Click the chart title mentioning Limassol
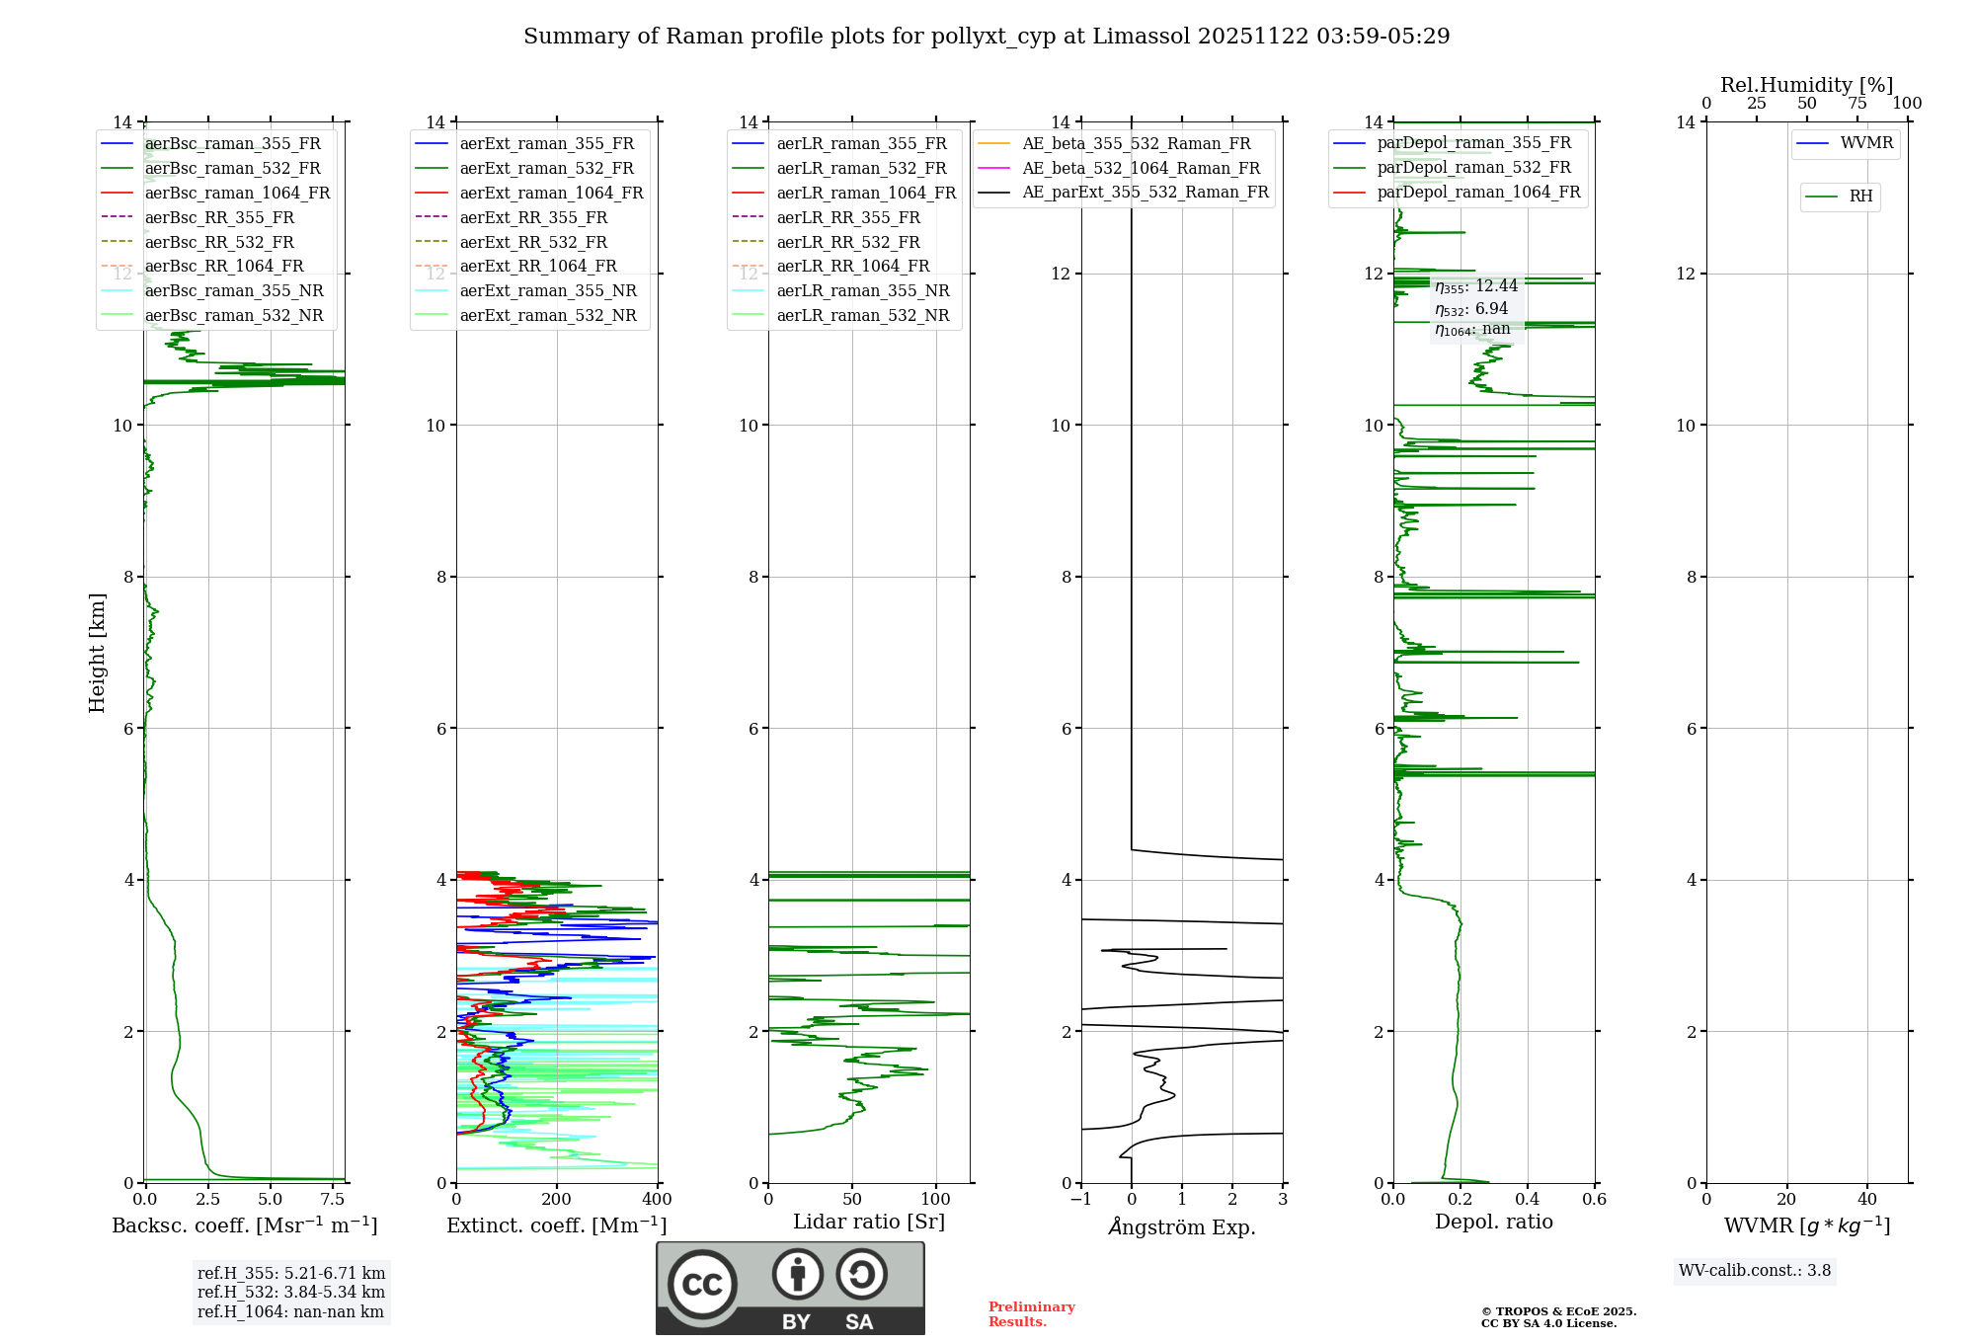(x=987, y=37)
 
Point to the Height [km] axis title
(x=97, y=652)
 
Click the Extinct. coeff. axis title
(x=557, y=1225)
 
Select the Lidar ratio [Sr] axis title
(x=869, y=1222)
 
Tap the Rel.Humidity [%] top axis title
(x=1806, y=85)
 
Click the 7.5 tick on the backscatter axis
(x=333, y=1200)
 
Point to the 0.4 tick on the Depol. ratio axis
(x=1528, y=1200)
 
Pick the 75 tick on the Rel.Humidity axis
(x=1857, y=104)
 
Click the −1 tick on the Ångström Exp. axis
(x=1081, y=1200)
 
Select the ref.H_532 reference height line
(x=290, y=1292)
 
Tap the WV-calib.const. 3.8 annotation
(x=1755, y=1271)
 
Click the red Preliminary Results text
(x=1031, y=1313)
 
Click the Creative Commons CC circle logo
(x=702, y=1284)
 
